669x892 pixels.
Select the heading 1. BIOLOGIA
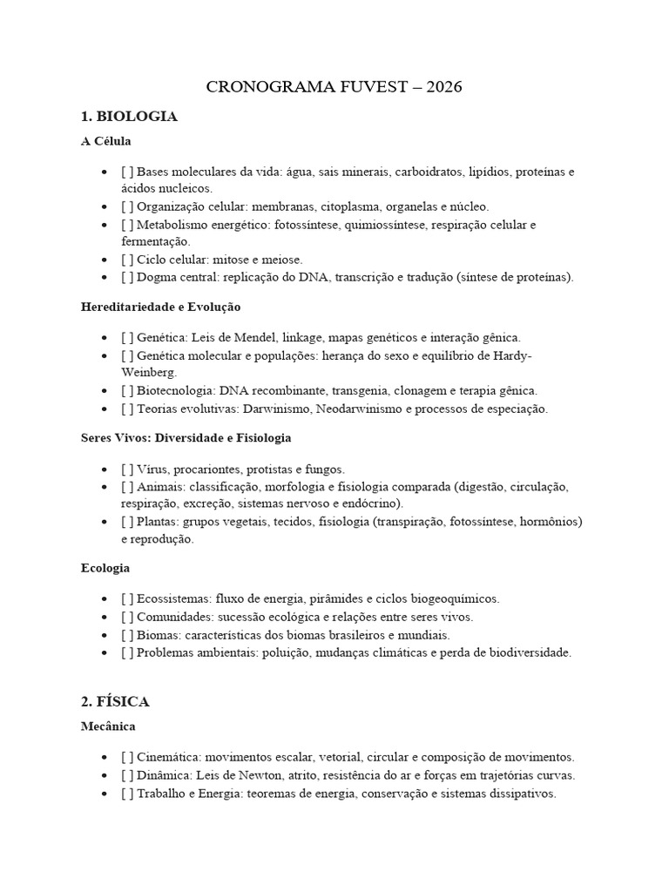point(129,117)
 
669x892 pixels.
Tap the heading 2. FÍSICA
point(115,700)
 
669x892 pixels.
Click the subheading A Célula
point(105,140)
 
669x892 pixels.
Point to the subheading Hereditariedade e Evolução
point(160,307)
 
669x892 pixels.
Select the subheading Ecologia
point(105,568)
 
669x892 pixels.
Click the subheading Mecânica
point(108,726)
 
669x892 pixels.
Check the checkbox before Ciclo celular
point(127,260)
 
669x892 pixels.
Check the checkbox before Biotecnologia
point(127,390)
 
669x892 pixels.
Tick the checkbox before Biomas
point(127,634)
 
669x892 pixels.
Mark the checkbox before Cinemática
point(127,758)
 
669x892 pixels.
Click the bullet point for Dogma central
point(105,277)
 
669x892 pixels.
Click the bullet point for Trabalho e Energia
point(105,794)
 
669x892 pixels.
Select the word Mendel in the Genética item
point(249,337)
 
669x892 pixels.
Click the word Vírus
point(152,469)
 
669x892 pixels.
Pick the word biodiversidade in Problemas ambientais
point(530,652)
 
